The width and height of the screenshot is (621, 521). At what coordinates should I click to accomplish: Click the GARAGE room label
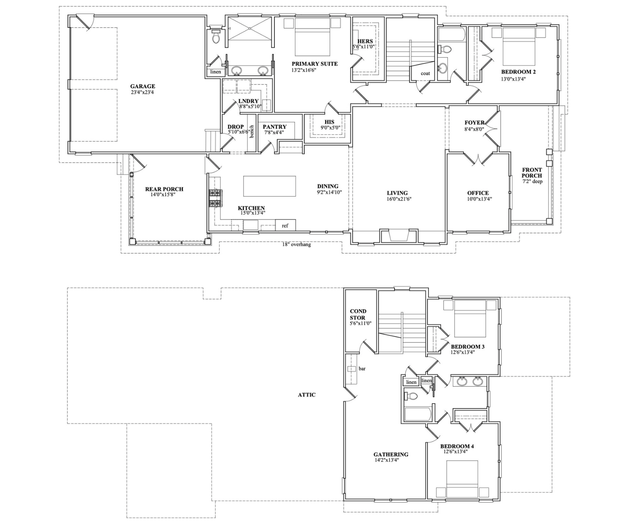pos(142,86)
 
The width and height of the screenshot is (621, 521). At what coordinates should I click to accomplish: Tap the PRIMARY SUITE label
pos(314,64)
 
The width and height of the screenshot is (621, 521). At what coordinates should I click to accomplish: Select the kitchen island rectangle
pos(269,186)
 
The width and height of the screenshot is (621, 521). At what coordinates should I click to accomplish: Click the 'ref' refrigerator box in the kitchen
pos(285,225)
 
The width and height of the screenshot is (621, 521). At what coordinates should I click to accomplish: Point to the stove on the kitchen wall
pos(214,198)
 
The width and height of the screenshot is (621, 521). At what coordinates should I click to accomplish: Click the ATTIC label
pos(307,395)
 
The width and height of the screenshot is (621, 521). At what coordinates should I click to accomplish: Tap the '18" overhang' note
pos(296,245)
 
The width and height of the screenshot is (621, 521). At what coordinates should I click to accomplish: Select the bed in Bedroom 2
pos(519,46)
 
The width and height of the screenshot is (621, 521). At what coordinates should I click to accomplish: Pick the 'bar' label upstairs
pos(362,369)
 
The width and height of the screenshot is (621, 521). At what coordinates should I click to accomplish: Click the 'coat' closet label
pos(425,74)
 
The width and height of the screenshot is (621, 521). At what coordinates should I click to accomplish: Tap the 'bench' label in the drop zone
pos(251,132)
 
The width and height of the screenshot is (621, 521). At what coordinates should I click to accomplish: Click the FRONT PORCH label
pos(532,173)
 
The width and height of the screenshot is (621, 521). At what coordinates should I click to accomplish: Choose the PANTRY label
pos(274,127)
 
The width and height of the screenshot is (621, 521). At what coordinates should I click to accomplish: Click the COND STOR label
pos(358,314)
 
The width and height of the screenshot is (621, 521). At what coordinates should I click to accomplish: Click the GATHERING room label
pos(391,455)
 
